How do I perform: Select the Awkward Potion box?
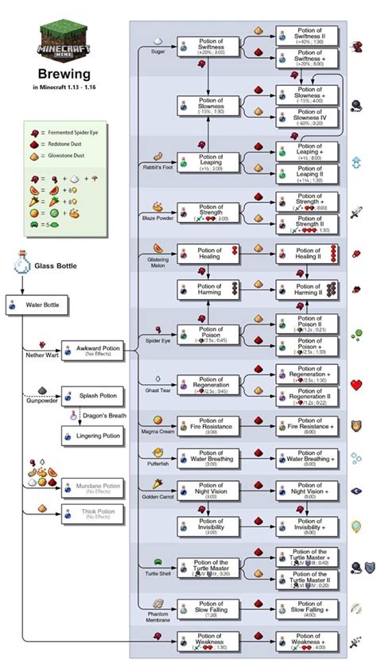(93, 351)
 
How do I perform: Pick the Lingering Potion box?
(93, 435)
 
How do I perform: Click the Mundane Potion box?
(93, 487)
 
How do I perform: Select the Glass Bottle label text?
(56, 266)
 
